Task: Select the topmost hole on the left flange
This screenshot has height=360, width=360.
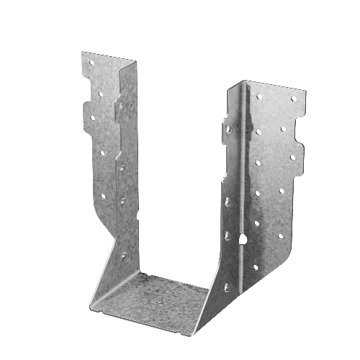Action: pos(91,63)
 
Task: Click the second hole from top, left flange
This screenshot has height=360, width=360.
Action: pos(91,91)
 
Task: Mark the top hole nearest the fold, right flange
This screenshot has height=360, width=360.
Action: pos(258,95)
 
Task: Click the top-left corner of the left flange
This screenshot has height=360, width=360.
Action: pos(81,52)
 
